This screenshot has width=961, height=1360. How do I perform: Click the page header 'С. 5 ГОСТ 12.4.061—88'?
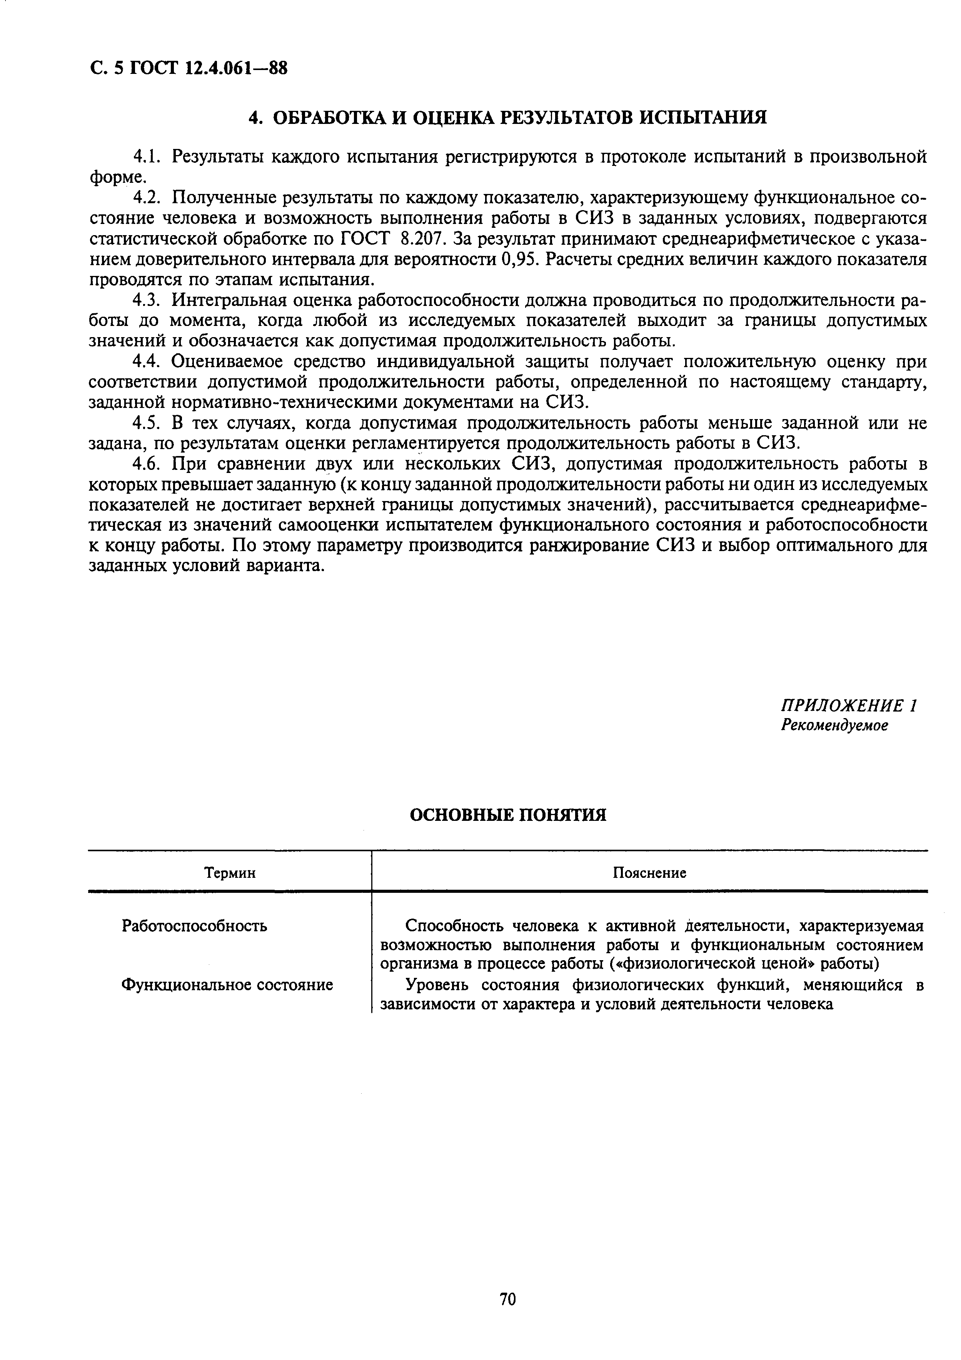[x=188, y=69]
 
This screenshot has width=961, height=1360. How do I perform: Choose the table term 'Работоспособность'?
[x=194, y=926]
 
